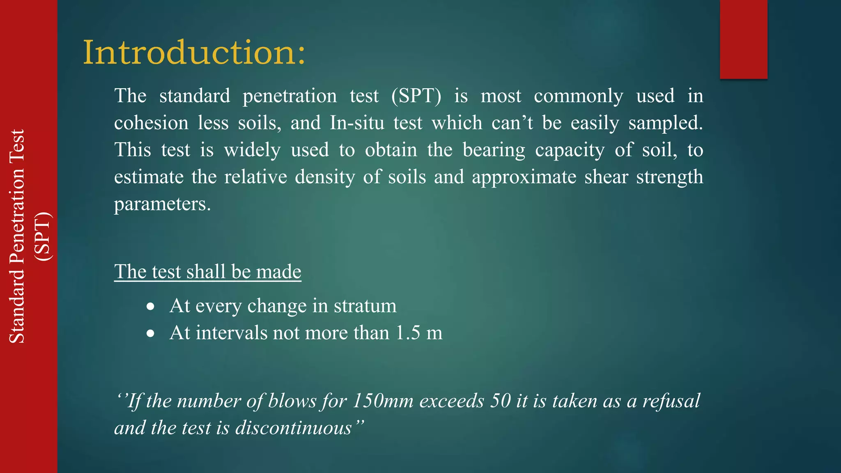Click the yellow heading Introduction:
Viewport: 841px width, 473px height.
tap(194, 53)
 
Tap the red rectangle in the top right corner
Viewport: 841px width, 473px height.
tap(743, 39)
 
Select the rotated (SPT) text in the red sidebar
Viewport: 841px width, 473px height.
tap(43, 236)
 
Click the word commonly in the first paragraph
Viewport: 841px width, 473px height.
tap(578, 96)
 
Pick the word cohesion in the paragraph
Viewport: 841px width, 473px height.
tap(151, 123)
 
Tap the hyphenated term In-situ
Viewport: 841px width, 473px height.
tap(357, 123)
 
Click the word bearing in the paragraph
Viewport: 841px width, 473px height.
tap(494, 150)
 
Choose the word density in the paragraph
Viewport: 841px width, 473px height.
tap(324, 177)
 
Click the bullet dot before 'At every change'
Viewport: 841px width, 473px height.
tap(151, 306)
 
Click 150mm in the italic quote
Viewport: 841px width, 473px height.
tap(383, 401)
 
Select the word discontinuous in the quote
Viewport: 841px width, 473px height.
tap(294, 428)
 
